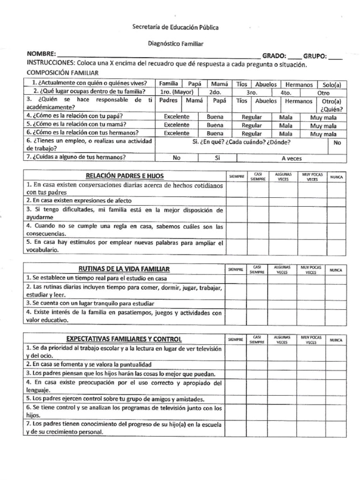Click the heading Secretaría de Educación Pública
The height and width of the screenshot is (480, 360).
(x=175, y=27)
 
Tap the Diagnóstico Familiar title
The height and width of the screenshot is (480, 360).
(x=175, y=43)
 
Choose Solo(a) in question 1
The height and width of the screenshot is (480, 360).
(x=331, y=84)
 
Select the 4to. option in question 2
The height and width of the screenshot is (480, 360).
(x=285, y=93)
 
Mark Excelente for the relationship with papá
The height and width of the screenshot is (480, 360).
(x=177, y=117)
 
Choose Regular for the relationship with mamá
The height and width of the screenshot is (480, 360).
(x=252, y=125)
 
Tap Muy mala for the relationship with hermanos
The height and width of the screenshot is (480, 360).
(x=323, y=134)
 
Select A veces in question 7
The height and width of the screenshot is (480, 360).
(x=292, y=158)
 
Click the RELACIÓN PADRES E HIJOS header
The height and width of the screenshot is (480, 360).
(x=125, y=176)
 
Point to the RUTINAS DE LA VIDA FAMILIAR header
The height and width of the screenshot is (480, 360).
(x=125, y=269)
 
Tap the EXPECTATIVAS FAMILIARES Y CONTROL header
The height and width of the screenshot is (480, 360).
(x=125, y=338)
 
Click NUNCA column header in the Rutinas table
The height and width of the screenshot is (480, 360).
(x=336, y=270)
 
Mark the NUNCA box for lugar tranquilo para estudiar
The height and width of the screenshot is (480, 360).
(x=336, y=303)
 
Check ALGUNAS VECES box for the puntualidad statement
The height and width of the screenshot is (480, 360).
(x=282, y=364)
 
